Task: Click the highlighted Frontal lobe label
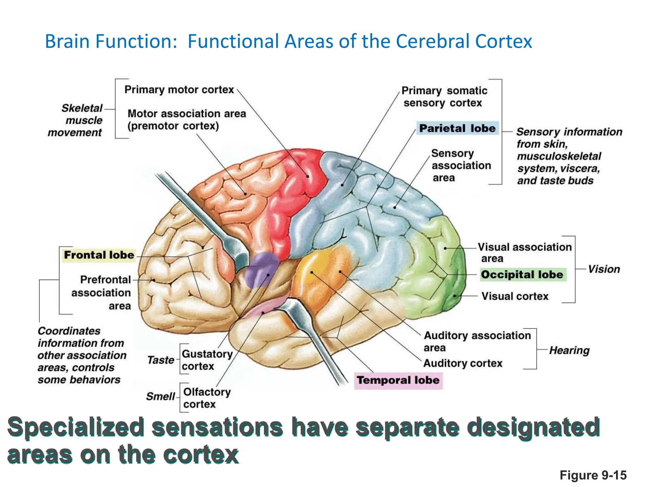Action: coord(99,255)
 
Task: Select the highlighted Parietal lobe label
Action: coord(457,128)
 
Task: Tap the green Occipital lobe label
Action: coord(522,275)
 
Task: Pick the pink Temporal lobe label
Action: coord(398,380)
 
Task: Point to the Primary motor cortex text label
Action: coord(179,90)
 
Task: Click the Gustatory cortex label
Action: coord(207,360)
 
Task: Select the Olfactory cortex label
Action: coord(207,398)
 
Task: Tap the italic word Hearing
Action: coord(569,350)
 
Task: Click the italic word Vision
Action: coord(604,269)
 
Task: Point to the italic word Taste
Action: coord(161,360)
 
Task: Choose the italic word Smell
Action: coord(161,396)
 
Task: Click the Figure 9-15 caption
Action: coord(593,475)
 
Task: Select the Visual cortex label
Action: coord(515,296)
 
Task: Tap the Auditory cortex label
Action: coord(463,363)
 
